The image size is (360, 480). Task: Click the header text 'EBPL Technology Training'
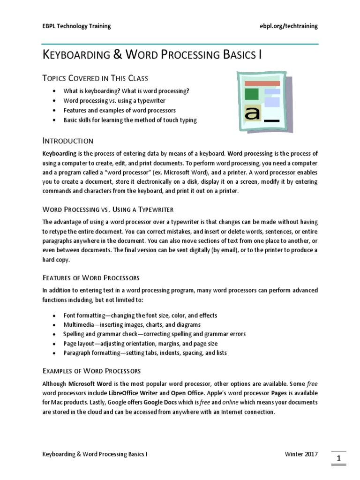click(x=76, y=26)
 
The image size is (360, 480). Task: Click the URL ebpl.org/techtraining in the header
click(x=288, y=26)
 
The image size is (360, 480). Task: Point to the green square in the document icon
click(x=251, y=94)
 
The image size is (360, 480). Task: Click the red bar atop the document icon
click(x=262, y=83)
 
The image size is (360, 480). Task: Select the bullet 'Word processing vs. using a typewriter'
click(x=114, y=101)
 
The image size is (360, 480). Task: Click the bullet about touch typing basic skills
click(x=130, y=120)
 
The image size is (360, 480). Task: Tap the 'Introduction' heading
click(x=68, y=141)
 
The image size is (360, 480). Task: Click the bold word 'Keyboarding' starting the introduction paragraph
click(x=59, y=153)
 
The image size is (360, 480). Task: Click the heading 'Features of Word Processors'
click(x=91, y=278)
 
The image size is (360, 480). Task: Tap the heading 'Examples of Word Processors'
click(x=91, y=371)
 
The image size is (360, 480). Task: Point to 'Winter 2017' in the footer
click(x=301, y=454)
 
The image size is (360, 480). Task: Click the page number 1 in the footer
click(x=339, y=457)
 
